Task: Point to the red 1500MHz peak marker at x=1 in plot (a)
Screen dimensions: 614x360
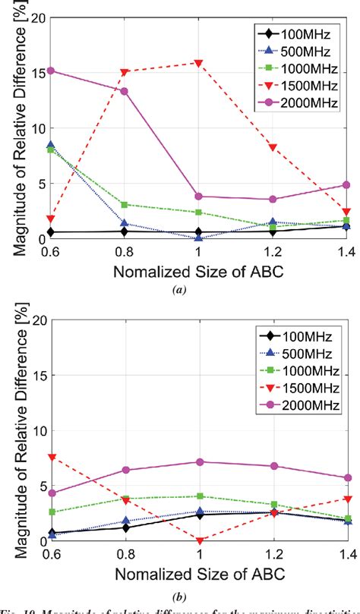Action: point(199,63)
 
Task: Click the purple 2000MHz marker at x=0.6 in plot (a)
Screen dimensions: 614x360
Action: point(50,71)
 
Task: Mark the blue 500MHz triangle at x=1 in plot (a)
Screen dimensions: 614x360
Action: point(199,237)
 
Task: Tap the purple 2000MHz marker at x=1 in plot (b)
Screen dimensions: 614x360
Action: point(199,461)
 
